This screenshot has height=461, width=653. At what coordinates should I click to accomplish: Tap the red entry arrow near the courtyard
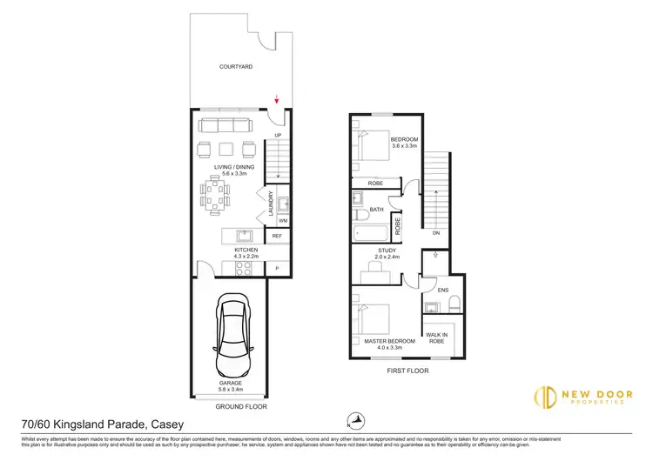click(277, 101)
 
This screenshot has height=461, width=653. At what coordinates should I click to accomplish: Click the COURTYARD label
click(236, 66)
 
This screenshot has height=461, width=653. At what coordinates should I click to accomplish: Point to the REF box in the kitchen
click(277, 236)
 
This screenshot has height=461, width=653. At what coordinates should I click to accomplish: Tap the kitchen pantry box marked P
click(277, 267)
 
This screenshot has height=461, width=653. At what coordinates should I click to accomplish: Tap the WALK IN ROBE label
click(436, 337)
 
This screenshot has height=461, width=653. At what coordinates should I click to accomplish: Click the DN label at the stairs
click(435, 233)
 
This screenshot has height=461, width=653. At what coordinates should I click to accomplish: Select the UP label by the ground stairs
click(279, 137)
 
